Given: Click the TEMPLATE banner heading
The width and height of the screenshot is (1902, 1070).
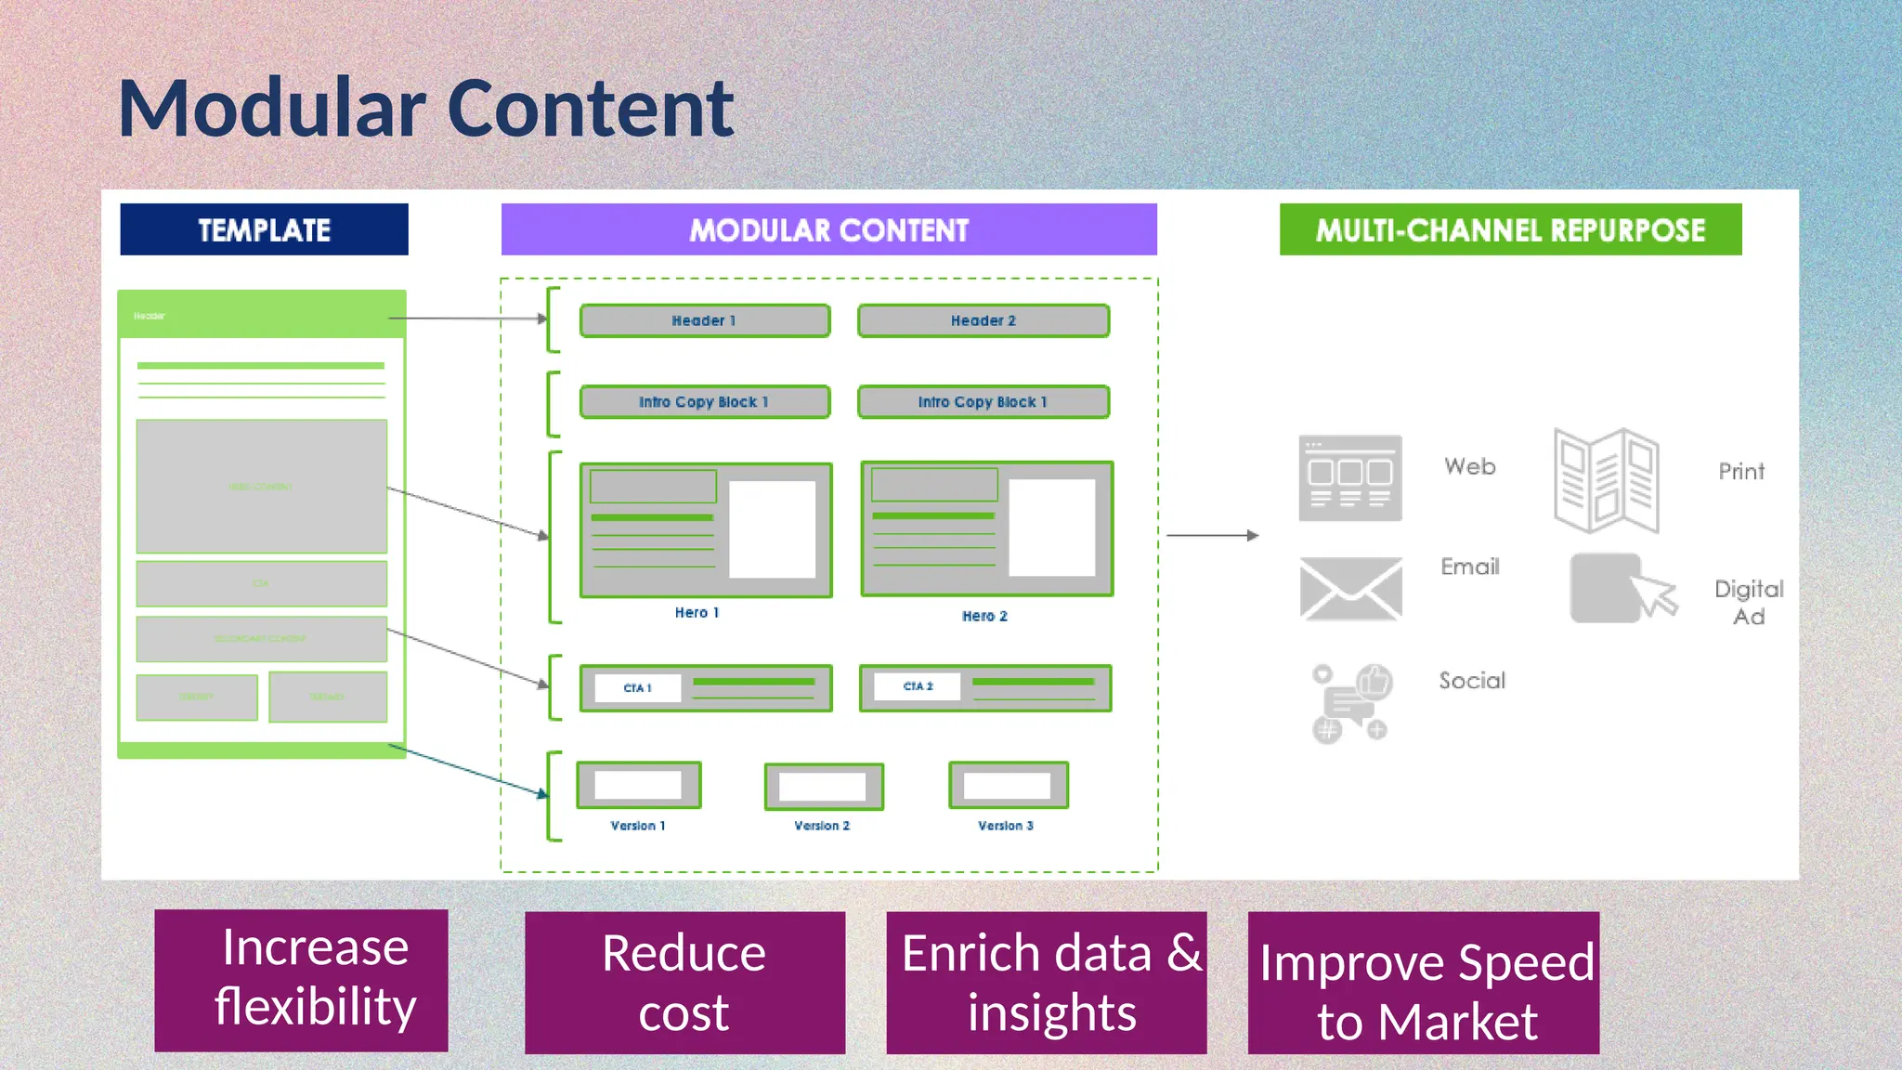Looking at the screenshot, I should [x=264, y=229].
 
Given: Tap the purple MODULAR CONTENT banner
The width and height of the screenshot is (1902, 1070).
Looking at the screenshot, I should [x=828, y=229].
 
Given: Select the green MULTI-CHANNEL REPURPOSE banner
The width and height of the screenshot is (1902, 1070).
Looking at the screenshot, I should [x=1510, y=229].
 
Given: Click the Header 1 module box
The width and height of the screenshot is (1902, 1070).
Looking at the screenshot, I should [x=704, y=320].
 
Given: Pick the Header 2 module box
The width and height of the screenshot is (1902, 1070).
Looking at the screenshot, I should [x=984, y=320].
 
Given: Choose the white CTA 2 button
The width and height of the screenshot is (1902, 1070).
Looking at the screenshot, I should [x=918, y=686].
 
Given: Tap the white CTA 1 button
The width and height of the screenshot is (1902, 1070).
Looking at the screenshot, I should [x=637, y=688].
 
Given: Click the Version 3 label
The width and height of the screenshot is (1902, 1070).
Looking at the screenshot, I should [x=1005, y=826].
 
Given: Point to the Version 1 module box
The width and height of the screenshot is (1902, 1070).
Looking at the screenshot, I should [x=638, y=786].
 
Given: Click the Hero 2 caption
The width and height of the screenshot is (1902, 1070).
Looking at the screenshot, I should [x=984, y=616].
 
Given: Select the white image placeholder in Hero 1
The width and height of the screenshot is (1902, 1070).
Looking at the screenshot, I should [x=772, y=529].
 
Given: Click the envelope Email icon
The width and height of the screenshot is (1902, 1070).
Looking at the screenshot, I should [x=1350, y=589].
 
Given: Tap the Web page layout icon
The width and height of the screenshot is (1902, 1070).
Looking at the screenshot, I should [x=1350, y=478].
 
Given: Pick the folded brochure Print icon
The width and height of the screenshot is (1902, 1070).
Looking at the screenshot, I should [x=1607, y=480].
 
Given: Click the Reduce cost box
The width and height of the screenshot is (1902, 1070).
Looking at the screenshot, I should [x=684, y=983].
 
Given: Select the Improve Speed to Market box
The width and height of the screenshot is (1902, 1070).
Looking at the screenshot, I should [x=1424, y=983].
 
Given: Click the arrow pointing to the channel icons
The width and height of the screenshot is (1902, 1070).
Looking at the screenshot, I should [x=1212, y=536].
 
